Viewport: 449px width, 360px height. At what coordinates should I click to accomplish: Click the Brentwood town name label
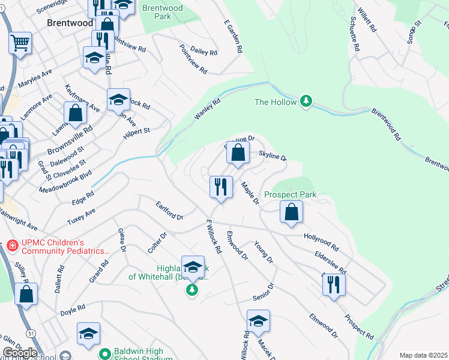point(70,23)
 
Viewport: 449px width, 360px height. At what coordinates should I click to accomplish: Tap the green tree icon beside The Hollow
point(306,101)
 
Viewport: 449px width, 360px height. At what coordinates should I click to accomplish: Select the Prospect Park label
point(290,195)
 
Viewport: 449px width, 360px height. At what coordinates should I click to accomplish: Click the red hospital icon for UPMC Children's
point(11,246)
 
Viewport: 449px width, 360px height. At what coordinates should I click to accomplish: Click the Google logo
point(20,353)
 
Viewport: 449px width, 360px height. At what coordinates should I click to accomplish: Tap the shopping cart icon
point(20,43)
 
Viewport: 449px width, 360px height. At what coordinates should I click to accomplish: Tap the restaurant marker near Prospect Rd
point(334,284)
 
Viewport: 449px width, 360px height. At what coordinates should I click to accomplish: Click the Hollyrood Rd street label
point(322,242)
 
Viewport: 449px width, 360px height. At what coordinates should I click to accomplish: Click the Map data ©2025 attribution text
point(423,355)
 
